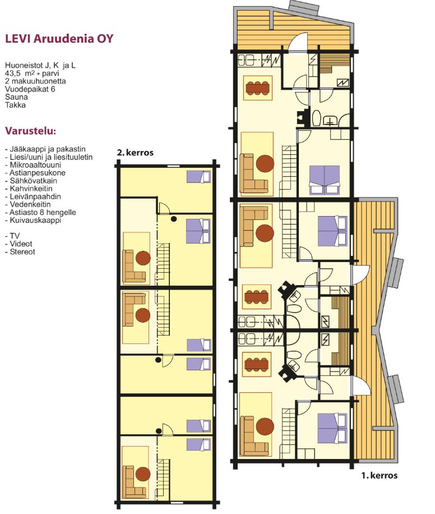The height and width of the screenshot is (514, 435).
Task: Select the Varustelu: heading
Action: click(30, 131)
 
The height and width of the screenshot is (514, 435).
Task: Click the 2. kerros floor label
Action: click(135, 153)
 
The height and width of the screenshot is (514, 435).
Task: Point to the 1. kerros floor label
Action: click(380, 475)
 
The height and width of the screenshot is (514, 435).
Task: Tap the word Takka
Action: click(15, 105)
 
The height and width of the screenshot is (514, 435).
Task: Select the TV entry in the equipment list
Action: click(15, 236)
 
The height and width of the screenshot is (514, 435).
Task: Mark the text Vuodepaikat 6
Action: click(30, 89)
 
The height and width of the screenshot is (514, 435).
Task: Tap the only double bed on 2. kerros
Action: click(198, 231)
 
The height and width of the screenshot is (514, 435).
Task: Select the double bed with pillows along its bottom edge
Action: click(324, 180)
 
